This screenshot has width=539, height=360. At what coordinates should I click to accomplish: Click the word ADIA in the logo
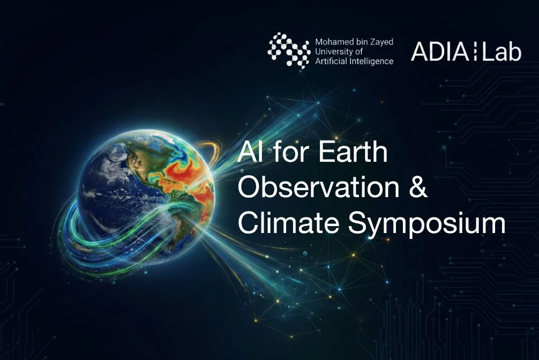(x=435, y=51)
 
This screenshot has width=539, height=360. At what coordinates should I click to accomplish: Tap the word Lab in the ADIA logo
(x=500, y=51)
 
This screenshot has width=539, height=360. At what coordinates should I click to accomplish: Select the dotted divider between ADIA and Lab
(x=473, y=51)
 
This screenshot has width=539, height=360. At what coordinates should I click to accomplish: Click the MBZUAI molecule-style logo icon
(x=289, y=50)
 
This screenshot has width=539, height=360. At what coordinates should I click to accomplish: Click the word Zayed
(x=381, y=41)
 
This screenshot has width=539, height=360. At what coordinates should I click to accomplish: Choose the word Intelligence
(x=372, y=61)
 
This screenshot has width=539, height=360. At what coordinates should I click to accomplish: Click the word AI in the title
(x=249, y=153)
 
